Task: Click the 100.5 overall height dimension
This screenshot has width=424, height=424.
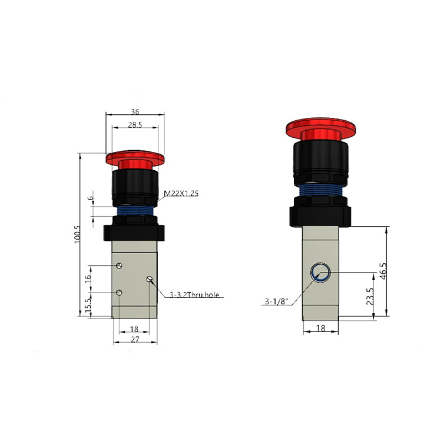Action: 77,234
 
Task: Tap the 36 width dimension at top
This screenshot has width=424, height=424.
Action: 135,112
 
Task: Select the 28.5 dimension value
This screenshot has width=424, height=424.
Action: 135,125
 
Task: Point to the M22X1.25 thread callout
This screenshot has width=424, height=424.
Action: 181,193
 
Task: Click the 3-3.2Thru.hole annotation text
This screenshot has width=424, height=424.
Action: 194,295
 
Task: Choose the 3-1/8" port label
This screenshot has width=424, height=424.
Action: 277,302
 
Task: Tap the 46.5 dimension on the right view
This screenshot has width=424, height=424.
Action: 383,271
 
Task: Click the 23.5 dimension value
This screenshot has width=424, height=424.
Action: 370,296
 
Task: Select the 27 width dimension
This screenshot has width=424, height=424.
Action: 135,339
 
